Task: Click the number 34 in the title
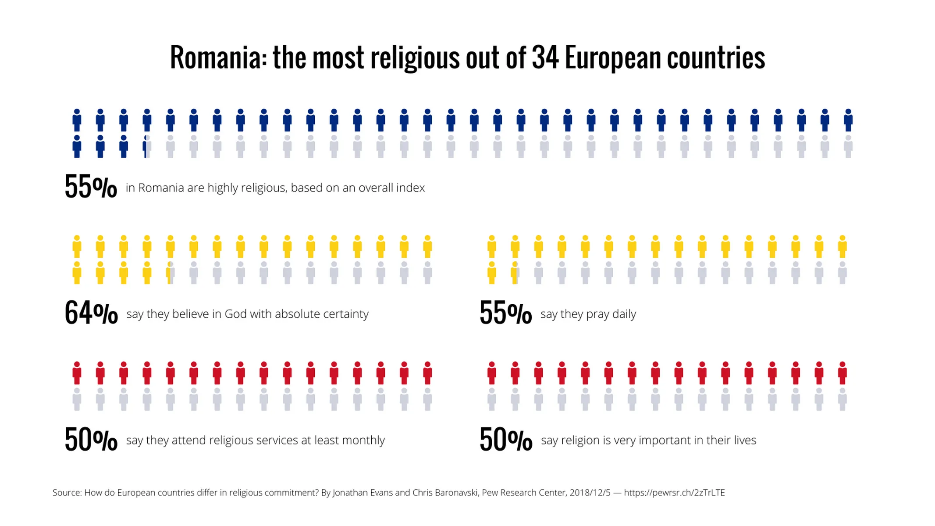point(545,58)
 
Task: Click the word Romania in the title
point(215,58)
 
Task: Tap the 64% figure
point(91,313)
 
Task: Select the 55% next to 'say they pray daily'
point(505,313)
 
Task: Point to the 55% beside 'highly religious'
point(91,187)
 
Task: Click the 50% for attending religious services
point(91,439)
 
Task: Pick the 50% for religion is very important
point(505,439)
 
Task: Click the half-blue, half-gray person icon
point(147,146)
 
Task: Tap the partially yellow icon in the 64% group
point(171,273)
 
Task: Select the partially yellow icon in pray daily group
point(515,273)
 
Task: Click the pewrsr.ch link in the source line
point(674,493)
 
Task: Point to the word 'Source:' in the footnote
point(67,493)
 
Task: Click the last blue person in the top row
point(848,120)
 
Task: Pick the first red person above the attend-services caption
point(77,373)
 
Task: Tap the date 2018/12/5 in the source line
point(590,493)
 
